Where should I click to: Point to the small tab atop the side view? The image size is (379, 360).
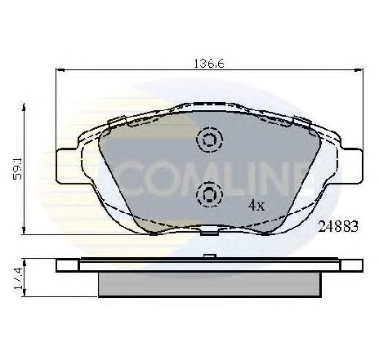[208, 257]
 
